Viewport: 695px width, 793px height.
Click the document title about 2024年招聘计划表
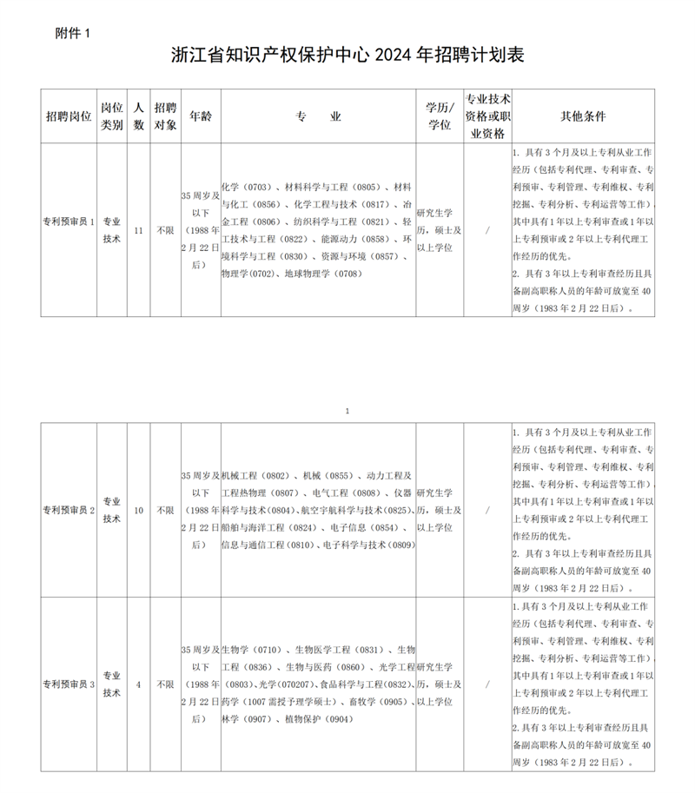[347, 55]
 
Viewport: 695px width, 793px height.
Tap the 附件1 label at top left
[72, 32]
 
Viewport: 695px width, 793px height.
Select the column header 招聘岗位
[68, 116]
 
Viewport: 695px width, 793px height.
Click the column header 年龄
[200, 116]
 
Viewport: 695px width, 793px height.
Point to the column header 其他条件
[583, 116]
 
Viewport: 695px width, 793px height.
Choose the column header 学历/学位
[439, 116]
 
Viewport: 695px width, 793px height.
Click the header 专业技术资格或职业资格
[487, 116]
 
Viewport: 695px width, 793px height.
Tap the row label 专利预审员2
[68, 510]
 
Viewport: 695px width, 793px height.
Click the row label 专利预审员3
[68, 684]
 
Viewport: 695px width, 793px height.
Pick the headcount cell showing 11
[138, 230]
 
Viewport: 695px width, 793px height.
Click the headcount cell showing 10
[138, 510]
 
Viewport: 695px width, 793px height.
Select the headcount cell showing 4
[138, 684]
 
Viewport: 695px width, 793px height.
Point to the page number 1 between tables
[347, 410]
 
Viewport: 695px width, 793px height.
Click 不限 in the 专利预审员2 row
[164, 510]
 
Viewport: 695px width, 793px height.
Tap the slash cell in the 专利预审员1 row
[487, 230]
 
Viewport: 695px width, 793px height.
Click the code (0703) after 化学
[257, 187]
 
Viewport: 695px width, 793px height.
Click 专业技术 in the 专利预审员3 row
[112, 684]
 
